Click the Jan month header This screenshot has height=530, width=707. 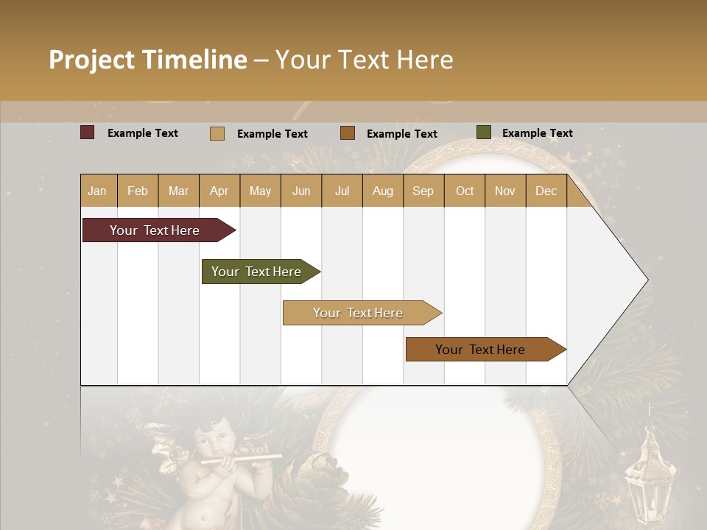click(97, 191)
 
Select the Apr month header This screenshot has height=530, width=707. click(219, 191)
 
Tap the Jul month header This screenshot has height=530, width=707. click(342, 191)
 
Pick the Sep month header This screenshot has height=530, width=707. click(423, 191)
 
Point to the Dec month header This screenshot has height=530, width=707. click(546, 191)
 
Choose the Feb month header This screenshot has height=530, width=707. click(138, 191)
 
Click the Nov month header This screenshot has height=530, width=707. click(504, 191)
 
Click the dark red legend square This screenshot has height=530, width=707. click(88, 132)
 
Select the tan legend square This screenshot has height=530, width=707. click(217, 133)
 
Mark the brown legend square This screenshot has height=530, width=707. click(348, 133)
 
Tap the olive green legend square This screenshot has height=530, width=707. click(483, 132)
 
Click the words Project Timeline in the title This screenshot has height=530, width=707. click(148, 60)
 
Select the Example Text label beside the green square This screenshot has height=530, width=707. click(537, 133)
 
